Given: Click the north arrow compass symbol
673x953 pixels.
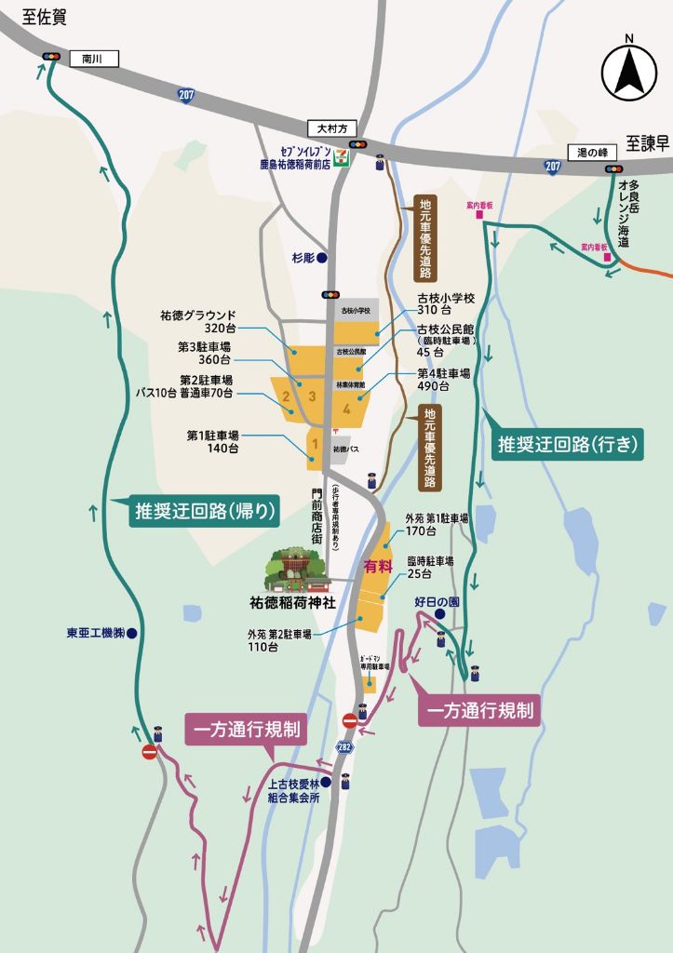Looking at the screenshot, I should tap(629, 71).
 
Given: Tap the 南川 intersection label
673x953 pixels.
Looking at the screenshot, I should tap(90, 58).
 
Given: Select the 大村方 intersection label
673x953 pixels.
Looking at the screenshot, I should tap(330, 128).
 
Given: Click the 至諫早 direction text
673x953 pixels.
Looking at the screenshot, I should tap(648, 143).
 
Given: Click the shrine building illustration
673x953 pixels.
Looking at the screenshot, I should tap(299, 570).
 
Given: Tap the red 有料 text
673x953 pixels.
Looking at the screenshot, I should tap(376, 566).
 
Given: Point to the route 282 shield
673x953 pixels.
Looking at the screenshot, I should tap(345, 747).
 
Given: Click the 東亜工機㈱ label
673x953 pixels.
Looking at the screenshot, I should tap(96, 633).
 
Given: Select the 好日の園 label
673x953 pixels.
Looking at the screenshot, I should tap(437, 601).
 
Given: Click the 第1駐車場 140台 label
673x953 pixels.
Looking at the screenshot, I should tap(213, 441).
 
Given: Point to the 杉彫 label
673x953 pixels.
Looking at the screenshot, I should tap(303, 258).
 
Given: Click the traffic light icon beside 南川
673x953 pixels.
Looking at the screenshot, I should tap(51, 58).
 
